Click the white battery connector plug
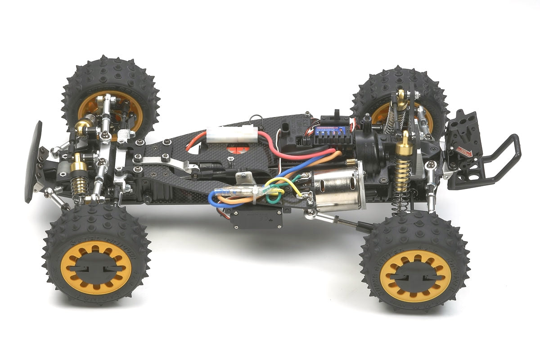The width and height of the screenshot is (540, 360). (x=231, y=134)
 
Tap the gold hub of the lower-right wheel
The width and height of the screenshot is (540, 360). (x=415, y=275)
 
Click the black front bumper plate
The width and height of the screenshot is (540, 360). (x=33, y=162)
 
